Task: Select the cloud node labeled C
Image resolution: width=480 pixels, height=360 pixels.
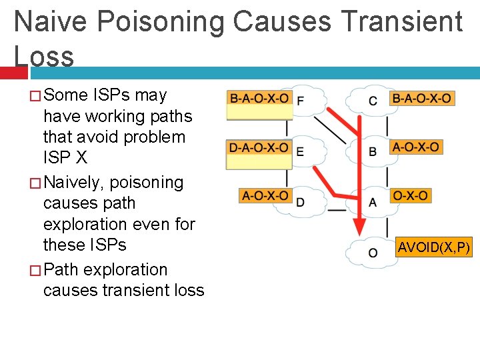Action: click(x=372, y=101)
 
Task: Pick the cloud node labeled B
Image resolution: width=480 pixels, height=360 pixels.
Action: click(x=372, y=151)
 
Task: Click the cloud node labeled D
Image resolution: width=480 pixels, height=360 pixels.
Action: click(x=301, y=201)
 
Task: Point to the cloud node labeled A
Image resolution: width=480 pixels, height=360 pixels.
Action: click(x=372, y=201)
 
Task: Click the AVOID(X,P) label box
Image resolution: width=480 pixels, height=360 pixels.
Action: click(x=434, y=248)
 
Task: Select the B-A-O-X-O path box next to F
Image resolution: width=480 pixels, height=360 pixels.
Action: click(x=259, y=98)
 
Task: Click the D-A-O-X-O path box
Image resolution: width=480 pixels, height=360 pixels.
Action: click(x=259, y=147)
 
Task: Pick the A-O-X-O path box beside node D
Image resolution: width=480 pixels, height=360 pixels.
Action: click(x=265, y=196)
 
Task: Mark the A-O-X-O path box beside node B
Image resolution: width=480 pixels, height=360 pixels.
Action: click(x=416, y=147)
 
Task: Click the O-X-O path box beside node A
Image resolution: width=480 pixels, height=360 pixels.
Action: click(x=411, y=196)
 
